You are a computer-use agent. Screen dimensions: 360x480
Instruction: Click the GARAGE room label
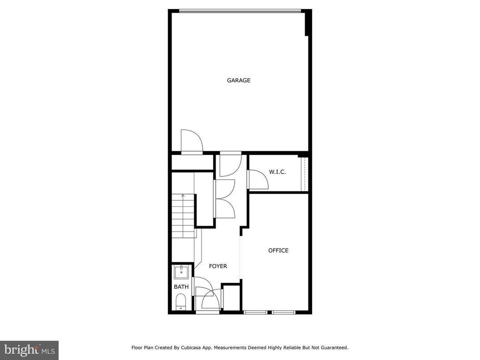click(x=239, y=81)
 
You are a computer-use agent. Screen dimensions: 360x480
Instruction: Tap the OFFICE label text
click(x=278, y=250)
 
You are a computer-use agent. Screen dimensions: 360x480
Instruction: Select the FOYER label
click(x=218, y=266)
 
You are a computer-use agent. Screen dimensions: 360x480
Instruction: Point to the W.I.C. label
click(x=277, y=172)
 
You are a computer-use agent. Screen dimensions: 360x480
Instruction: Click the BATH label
click(x=181, y=287)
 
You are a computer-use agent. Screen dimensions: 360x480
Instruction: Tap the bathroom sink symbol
click(x=181, y=272)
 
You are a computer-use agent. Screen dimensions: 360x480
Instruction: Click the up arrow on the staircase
click(x=183, y=197)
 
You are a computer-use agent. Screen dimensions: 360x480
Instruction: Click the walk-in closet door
click(x=258, y=179)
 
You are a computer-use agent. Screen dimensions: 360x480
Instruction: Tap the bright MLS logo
click(x=29, y=349)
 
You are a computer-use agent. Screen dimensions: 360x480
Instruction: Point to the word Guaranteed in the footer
click(x=333, y=347)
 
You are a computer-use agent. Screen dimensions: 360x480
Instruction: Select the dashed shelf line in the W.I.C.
click(x=304, y=174)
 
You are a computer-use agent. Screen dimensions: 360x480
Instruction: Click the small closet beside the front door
click(x=231, y=297)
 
